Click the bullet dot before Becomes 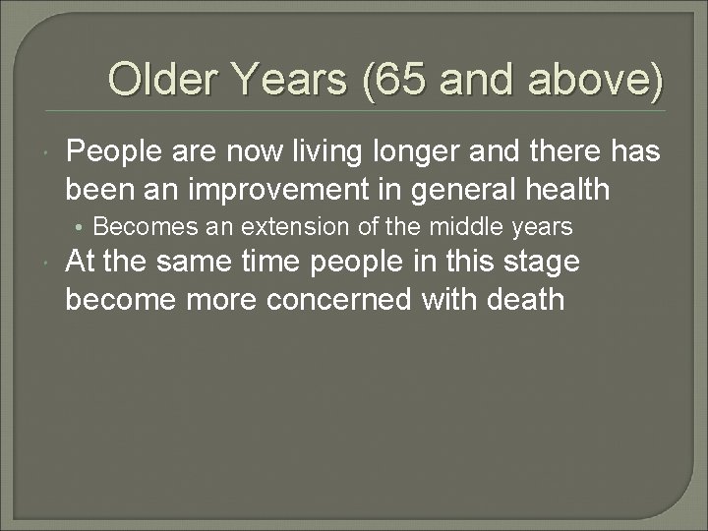84,227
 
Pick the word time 277,263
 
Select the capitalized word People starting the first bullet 113,153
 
